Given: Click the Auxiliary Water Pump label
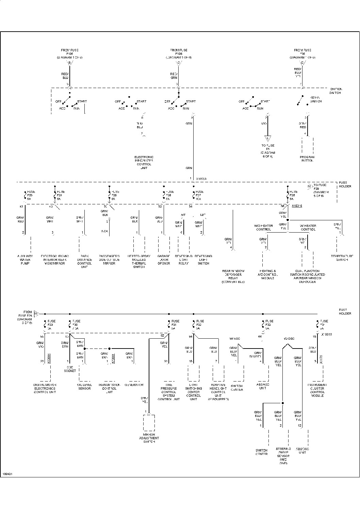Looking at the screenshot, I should coord(25,259).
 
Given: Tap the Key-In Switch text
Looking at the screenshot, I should coord(316,99).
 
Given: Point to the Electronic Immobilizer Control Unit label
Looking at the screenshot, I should coord(144,163).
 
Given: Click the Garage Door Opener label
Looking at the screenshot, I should coord(164,259).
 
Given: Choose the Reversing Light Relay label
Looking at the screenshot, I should coord(183,259).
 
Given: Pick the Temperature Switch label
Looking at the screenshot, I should coord(342,258).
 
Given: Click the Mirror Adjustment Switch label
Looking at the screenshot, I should coord(149,438).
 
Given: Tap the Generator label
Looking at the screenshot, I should coord(134,385).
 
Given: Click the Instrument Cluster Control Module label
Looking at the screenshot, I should coord(317,390).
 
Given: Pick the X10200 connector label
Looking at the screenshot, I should coord(201,179).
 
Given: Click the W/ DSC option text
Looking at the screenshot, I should coord(289,339).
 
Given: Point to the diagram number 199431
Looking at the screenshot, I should coord(7,474).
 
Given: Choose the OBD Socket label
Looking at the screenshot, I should coord(70,369).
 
